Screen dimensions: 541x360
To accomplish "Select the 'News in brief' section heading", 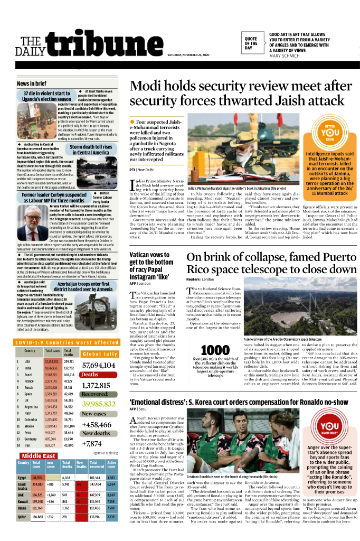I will tap(32, 84).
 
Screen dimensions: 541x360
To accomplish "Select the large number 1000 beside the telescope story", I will tap(215, 350).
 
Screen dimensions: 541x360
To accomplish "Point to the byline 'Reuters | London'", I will tap(200, 279).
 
